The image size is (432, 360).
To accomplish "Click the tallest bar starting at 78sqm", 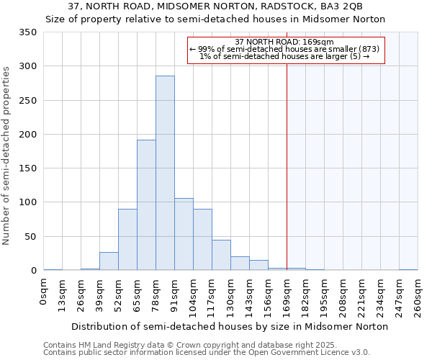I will pos(165,173).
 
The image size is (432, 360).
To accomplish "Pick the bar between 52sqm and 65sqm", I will pos(127,240).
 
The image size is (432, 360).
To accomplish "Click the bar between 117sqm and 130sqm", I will pos(221,256).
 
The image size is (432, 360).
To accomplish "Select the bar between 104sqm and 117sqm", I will pos(202,240).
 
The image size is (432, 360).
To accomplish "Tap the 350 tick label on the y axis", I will pos(27,32).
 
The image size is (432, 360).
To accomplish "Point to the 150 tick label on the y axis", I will pos(27,168).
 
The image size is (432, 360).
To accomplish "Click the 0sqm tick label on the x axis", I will pos(44,292).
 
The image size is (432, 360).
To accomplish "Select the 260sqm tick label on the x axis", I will pos(418,296).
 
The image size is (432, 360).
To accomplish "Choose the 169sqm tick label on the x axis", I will pos(287,296).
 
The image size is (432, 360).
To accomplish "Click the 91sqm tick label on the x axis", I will pos(174,294).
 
